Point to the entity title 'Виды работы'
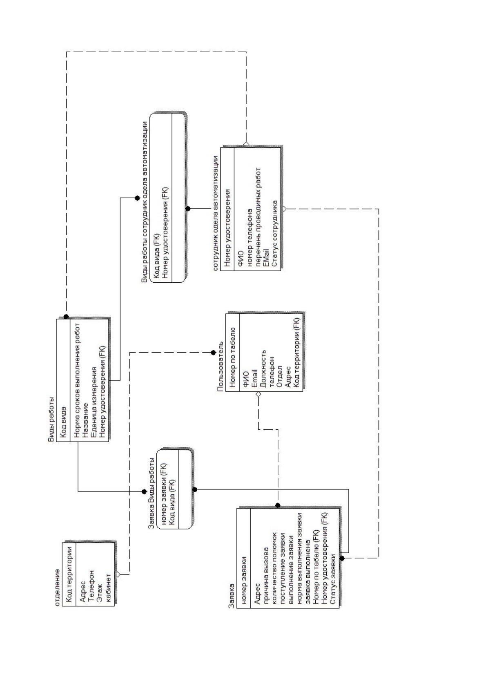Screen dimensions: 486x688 pyautogui.click(x=51, y=419)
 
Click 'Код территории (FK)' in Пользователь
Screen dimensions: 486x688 pyautogui.click(x=296, y=352)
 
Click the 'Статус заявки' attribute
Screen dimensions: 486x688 pyautogui.click(x=333, y=579)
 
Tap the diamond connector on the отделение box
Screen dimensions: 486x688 pyautogui.click(x=118, y=574)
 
